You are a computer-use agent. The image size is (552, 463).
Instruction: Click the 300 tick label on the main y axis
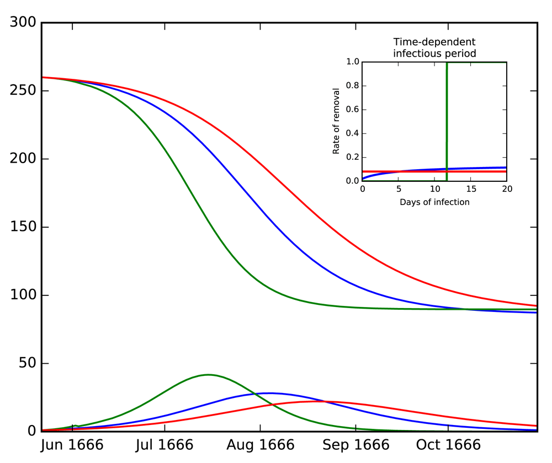coord(23,23)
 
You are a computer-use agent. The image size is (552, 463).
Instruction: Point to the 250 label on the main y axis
coord(23,91)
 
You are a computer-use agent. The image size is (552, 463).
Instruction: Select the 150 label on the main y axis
coord(23,227)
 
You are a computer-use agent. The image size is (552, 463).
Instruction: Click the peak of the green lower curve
coord(208,375)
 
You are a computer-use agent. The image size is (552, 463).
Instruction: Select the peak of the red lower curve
coord(315,401)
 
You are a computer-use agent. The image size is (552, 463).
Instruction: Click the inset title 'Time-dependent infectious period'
coord(434,48)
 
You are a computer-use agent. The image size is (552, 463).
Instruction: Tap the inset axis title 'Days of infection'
coord(434,202)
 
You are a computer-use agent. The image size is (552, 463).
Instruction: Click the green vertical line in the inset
coord(447,121)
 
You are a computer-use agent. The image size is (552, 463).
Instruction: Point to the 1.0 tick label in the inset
coord(352,62)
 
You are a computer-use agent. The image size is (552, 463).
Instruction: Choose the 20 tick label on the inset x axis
coord(507,189)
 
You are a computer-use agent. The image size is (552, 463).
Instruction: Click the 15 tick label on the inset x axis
coord(470,189)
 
